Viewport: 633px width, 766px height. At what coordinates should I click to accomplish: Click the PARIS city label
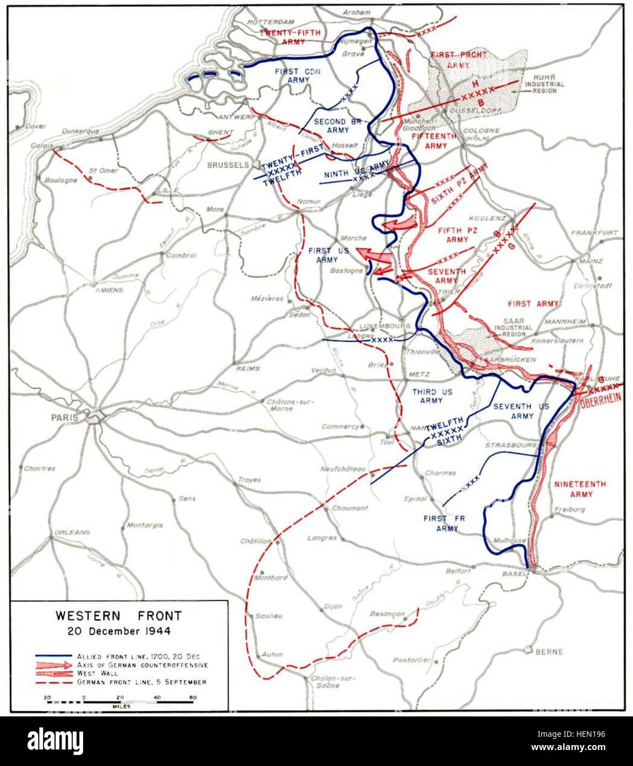(x=64, y=418)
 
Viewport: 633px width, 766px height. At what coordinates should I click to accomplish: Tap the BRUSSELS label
(x=228, y=165)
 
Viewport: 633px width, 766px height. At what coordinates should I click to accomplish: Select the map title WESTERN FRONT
(x=118, y=616)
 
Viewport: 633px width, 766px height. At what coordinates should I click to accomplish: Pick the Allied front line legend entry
(x=138, y=656)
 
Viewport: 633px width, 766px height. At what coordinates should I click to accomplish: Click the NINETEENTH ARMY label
(x=580, y=489)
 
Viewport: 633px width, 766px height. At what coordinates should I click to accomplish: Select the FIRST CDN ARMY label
(x=298, y=75)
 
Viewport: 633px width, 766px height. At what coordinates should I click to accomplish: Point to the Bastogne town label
(x=346, y=271)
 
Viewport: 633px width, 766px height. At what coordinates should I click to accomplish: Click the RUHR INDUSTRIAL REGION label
(x=544, y=84)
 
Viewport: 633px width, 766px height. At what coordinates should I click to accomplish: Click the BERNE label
(x=549, y=651)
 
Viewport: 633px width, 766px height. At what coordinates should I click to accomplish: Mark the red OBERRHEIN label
(x=600, y=400)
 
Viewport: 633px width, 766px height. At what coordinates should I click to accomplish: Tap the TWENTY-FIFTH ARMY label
(x=290, y=37)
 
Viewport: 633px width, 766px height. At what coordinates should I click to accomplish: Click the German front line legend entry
(x=141, y=682)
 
